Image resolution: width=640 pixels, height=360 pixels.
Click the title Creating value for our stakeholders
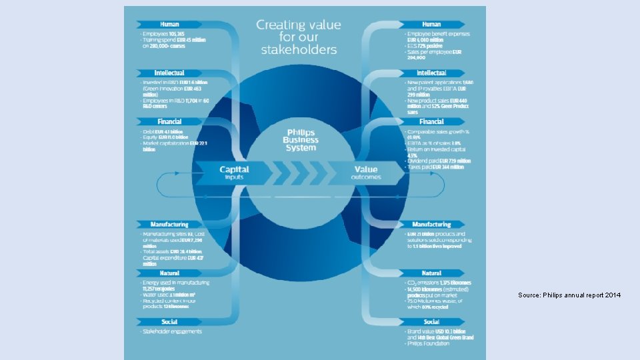299,37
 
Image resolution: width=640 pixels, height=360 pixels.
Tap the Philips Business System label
301,140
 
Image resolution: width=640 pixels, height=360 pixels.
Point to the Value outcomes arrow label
366,173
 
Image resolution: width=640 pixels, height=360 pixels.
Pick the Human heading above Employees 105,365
169,25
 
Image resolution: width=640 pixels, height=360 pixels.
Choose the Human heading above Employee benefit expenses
431,25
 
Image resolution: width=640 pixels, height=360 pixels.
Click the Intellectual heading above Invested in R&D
169,73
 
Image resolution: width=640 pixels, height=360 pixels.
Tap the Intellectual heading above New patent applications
431,73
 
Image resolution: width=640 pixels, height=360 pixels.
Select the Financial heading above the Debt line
169,122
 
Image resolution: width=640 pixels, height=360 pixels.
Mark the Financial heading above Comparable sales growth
431,122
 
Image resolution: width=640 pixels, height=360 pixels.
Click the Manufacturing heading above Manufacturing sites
169,225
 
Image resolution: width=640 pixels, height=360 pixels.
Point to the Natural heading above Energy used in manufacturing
169,273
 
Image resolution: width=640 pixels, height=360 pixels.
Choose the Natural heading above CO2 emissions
431,273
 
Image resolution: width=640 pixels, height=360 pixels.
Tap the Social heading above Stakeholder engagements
169,322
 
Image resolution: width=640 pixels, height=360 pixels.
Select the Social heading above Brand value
431,322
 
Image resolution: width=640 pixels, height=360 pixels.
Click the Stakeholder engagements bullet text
172,331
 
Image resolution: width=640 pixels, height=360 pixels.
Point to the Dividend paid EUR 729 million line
439,161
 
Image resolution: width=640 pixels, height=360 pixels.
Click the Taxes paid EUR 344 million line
435,167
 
